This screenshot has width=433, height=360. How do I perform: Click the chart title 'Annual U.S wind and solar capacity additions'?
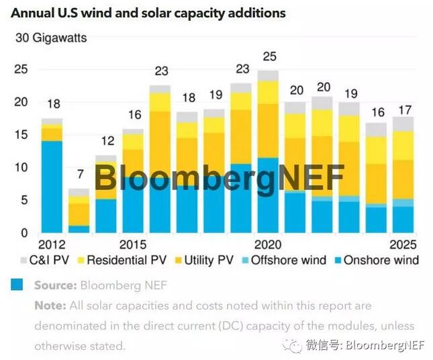coord(148,13)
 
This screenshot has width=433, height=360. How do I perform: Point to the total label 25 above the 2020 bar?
coord(269,56)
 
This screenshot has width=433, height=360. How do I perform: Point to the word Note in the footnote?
coord(49,306)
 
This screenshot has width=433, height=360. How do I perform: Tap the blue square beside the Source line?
coord(17,285)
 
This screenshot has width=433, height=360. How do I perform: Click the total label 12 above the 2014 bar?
coord(106,142)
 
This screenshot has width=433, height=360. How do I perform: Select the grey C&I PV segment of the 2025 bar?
coord(403,124)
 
